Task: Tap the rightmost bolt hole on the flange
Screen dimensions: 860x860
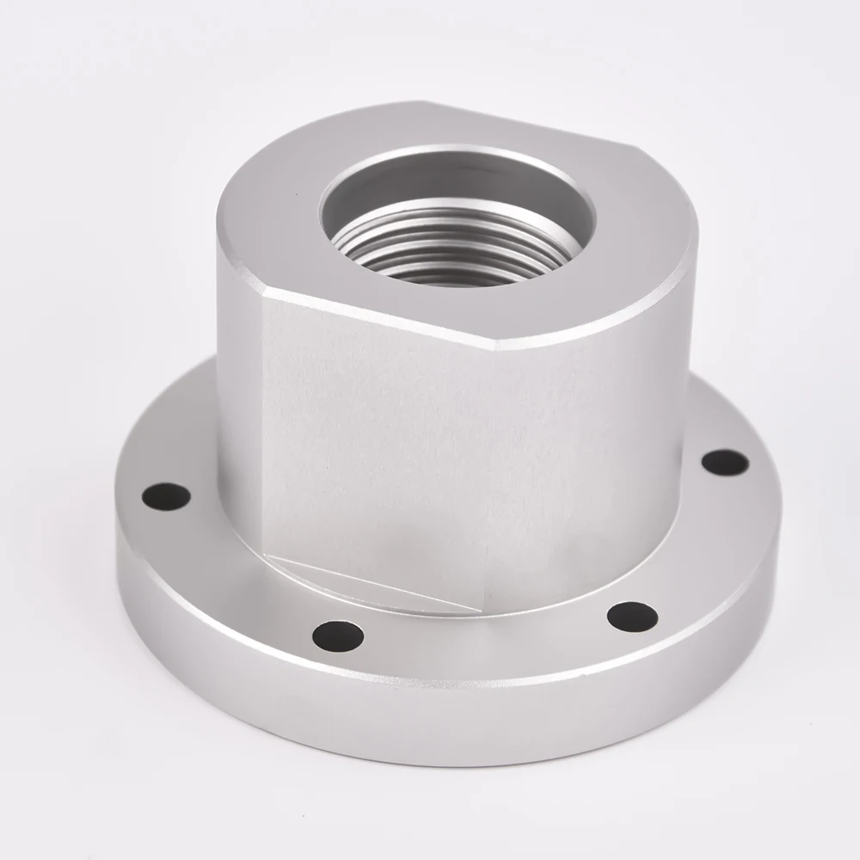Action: click(724, 462)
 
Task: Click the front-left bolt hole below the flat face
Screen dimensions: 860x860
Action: click(338, 636)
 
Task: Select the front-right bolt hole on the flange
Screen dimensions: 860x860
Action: click(632, 616)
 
